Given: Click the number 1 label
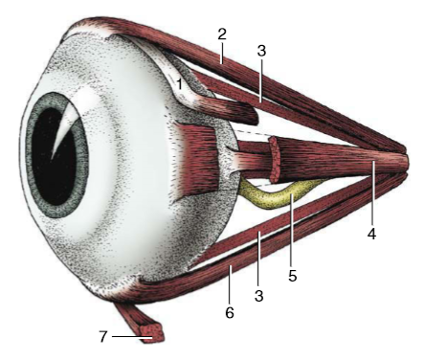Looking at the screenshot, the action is (x=179, y=86).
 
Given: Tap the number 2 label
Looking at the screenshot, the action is (x=222, y=34).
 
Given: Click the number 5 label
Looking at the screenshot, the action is (x=293, y=276).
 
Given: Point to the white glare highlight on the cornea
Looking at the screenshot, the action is (x=66, y=129).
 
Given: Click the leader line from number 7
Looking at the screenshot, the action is (x=125, y=336).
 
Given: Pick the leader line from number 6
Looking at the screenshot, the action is (x=231, y=283).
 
